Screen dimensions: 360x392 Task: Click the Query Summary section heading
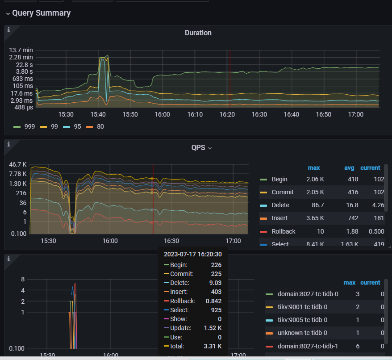[41, 13]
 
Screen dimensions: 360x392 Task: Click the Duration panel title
[198, 33]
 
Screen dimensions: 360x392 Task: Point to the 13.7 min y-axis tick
[21, 50]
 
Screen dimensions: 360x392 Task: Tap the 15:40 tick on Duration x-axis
[98, 115]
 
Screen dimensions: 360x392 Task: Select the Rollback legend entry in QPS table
[283, 231]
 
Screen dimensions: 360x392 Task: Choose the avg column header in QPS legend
[349, 168]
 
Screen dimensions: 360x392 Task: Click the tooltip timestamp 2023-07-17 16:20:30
[192, 254]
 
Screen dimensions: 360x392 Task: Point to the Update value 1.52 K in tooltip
[213, 328]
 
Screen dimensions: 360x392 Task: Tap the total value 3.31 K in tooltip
[213, 346]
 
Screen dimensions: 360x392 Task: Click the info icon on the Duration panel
[8, 30]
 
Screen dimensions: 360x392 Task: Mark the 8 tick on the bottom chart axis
[22, 279]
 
